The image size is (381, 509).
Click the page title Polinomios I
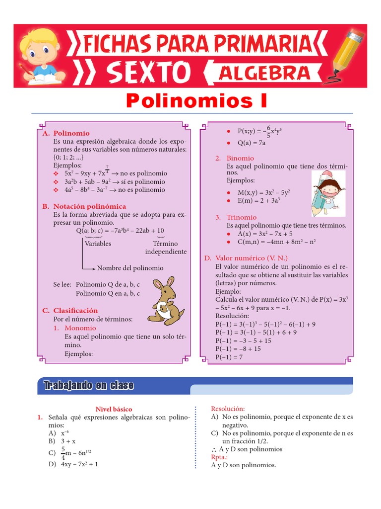click(x=196, y=101)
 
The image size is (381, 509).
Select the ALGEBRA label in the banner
click(x=265, y=73)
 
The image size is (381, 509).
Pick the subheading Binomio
click(x=240, y=158)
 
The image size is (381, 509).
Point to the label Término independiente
click(x=166, y=248)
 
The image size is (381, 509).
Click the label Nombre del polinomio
click(x=130, y=268)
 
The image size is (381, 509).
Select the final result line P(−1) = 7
click(x=229, y=357)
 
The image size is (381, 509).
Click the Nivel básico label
click(x=114, y=409)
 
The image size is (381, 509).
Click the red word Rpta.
click(x=219, y=457)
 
